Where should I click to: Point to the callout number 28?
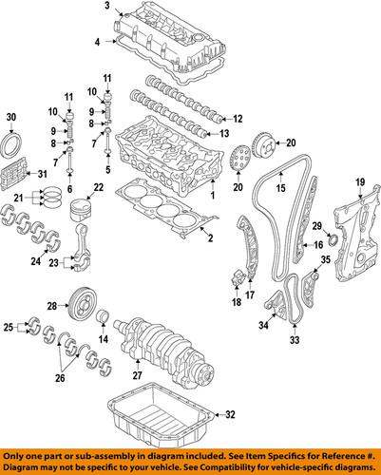click(52, 306)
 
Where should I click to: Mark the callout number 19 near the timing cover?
click(360, 182)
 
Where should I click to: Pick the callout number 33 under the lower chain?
click(294, 339)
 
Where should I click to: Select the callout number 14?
click(103, 339)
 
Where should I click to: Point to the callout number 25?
click(10, 328)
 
